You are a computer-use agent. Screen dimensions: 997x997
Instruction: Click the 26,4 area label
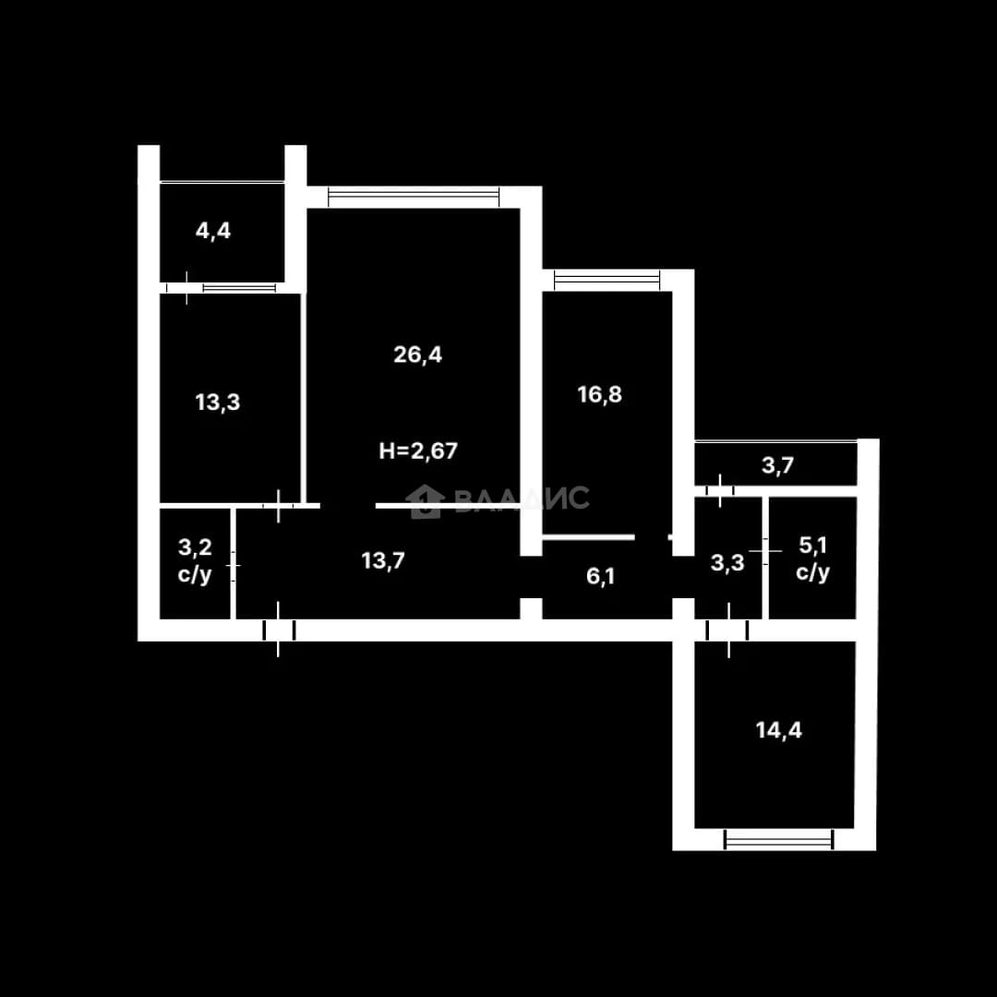click(418, 354)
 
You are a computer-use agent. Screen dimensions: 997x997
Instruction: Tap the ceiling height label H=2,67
click(418, 450)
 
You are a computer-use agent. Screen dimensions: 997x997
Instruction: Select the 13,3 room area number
click(218, 402)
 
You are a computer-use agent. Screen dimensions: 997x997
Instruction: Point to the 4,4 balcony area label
click(213, 231)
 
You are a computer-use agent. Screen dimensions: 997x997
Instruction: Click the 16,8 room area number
click(600, 394)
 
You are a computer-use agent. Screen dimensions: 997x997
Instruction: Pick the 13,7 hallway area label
click(383, 561)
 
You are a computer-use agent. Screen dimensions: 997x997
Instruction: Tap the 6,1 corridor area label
click(600, 577)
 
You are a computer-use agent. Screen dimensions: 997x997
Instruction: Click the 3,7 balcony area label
click(777, 465)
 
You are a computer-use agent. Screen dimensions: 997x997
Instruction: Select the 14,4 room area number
click(779, 730)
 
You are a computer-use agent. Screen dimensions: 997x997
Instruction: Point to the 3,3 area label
click(727, 563)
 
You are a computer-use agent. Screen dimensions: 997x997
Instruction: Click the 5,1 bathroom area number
click(812, 545)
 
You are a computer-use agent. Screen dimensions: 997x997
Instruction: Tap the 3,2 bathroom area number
click(195, 547)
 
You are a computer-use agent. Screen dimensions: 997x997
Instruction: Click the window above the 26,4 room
click(414, 197)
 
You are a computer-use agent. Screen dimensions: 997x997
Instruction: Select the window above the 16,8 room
click(607, 280)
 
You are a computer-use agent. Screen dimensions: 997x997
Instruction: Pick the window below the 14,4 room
click(779, 839)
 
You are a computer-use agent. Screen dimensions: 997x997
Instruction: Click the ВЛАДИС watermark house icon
click(424, 501)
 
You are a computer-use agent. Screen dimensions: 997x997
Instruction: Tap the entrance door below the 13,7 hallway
click(279, 631)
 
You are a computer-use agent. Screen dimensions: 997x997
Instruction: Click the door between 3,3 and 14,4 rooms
click(728, 631)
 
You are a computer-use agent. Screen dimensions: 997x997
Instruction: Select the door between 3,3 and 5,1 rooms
click(765, 550)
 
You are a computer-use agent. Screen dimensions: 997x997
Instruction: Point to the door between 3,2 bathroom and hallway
click(234, 565)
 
